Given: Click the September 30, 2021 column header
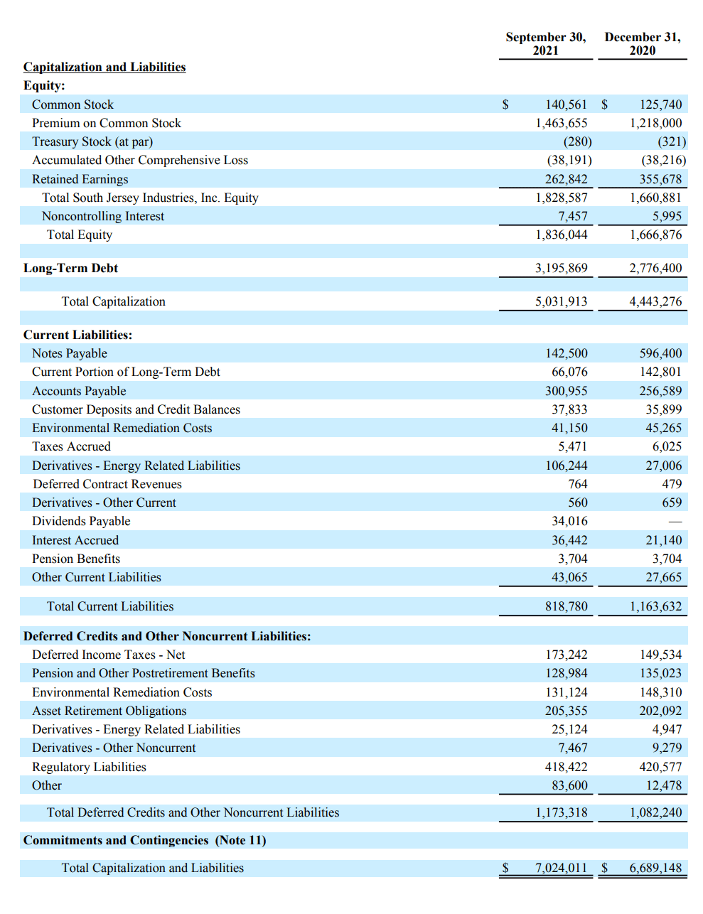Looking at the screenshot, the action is (545, 43).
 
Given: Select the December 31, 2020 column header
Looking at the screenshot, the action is (642, 43).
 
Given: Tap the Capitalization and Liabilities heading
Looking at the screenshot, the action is (104, 67).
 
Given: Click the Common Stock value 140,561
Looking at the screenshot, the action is (566, 104).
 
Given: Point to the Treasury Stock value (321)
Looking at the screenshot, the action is (672, 141).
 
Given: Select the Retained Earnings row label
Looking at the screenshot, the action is (80, 179).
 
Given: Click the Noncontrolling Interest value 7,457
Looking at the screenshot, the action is (572, 216).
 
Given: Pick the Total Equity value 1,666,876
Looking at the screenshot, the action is (655, 235).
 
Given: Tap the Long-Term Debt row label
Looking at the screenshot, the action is (70, 268).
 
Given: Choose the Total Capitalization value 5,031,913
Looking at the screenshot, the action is (561, 301).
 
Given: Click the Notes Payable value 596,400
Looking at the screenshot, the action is (660, 353).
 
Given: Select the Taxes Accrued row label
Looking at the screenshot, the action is (71, 446).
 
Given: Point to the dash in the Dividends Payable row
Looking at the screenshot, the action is (675, 522).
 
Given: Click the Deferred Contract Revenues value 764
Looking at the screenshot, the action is (577, 484).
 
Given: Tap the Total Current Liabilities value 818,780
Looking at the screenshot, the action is (566, 606).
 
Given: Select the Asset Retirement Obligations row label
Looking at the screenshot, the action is (109, 711).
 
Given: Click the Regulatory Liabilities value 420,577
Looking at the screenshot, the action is (660, 767).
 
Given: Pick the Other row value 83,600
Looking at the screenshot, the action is (569, 785).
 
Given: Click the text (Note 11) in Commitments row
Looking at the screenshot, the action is (240, 840).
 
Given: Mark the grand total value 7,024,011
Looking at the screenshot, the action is (561, 868).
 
